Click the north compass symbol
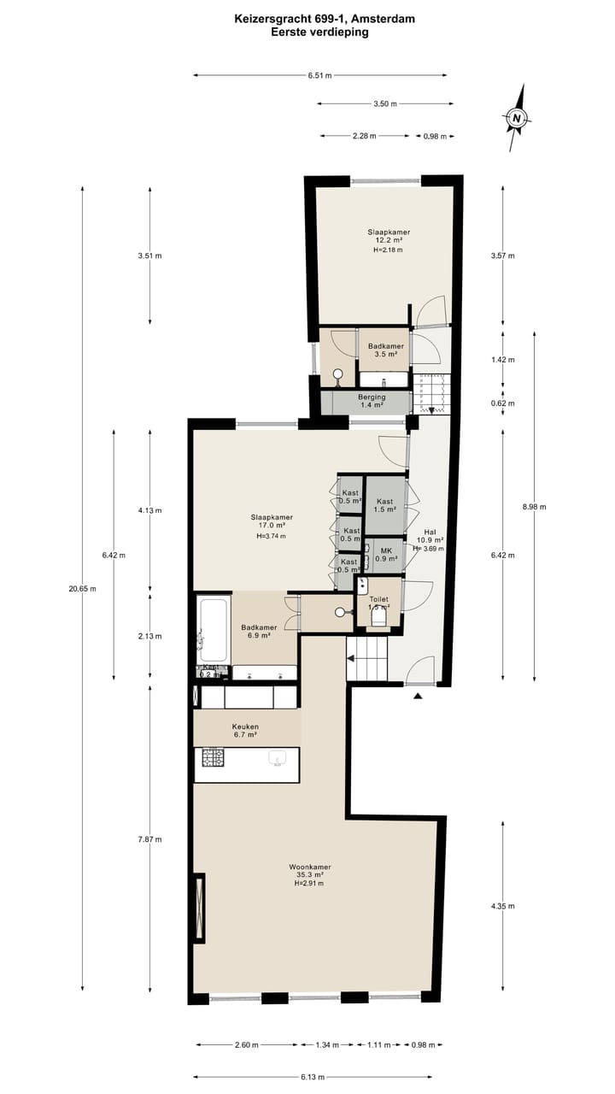tap(517, 118)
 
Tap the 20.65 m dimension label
tap(82, 588)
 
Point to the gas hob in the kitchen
tap(214, 757)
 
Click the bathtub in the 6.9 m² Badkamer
tap(213, 630)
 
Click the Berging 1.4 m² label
tap(372, 401)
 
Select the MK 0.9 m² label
tap(386, 555)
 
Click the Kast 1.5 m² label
tap(385, 505)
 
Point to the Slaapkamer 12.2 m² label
tap(389, 240)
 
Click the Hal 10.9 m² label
tap(430, 539)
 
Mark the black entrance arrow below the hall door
tap(418, 697)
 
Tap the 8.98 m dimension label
tap(535, 506)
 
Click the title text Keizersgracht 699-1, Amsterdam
tap(319, 16)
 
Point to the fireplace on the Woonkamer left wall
tap(199, 907)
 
